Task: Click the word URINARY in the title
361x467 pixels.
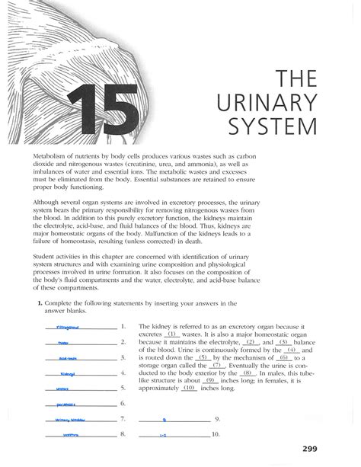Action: (x=290, y=102)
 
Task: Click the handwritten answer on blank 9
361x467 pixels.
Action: (x=174, y=420)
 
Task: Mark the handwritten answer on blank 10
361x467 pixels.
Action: (x=174, y=434)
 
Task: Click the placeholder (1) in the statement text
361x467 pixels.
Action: (x=172, y=334)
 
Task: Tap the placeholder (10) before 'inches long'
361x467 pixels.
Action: (x=190, y=388)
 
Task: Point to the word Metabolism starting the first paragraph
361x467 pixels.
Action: (x=48, y=155)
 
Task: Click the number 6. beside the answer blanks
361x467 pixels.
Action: (x=123, y=403)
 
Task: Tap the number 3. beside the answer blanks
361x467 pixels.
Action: (x=123, y=357)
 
